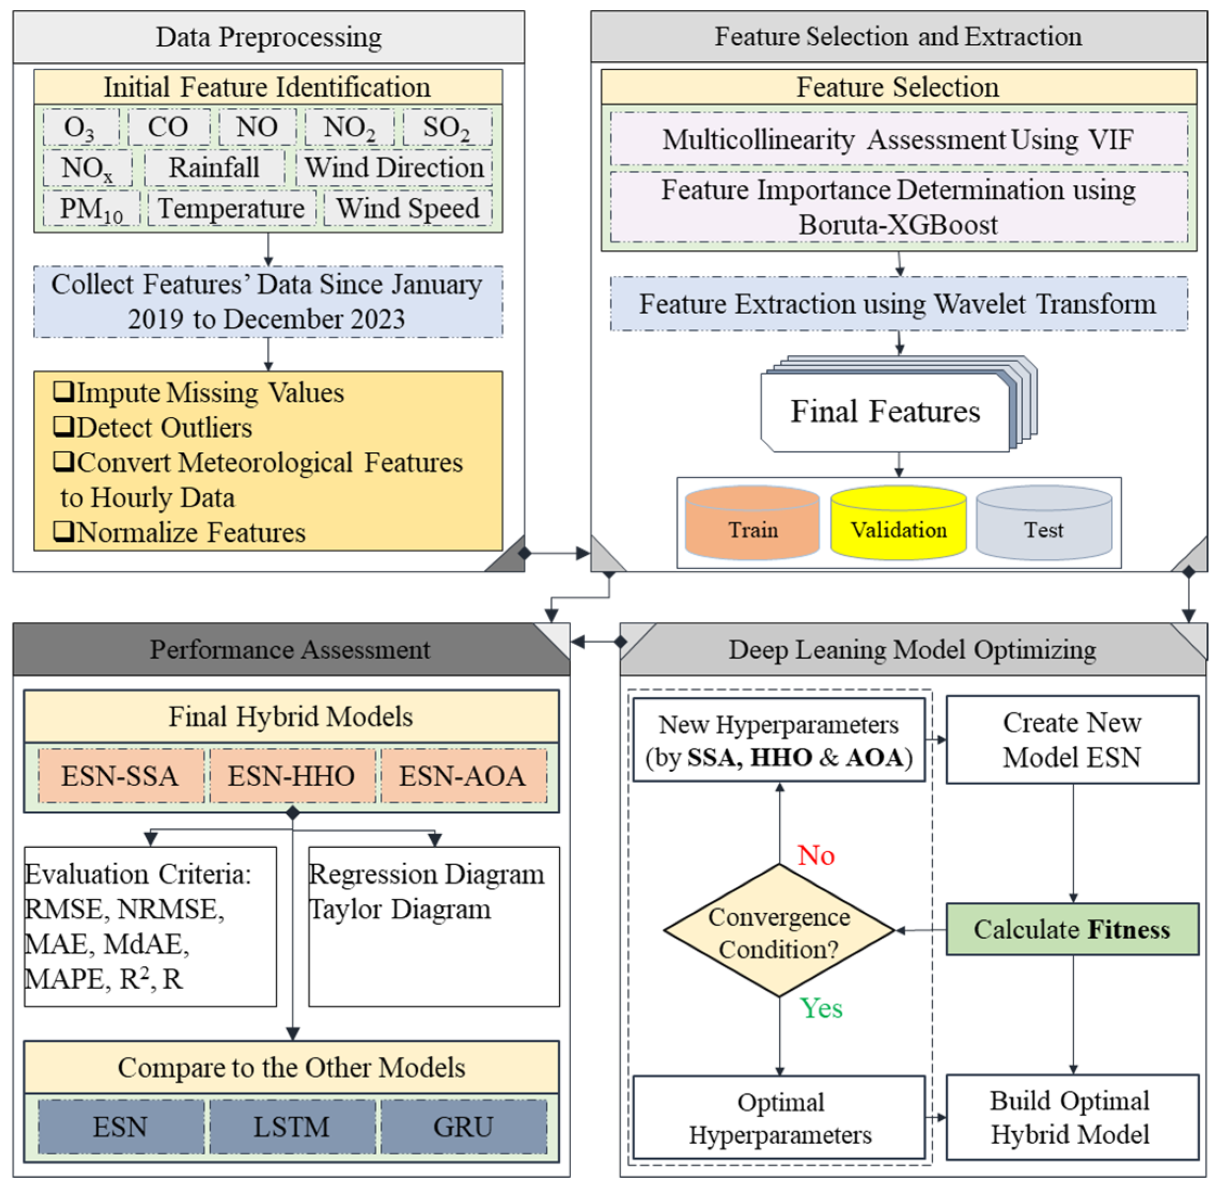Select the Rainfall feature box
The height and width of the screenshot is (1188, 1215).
coord(214,167)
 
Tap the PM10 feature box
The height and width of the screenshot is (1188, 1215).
coord(91,209)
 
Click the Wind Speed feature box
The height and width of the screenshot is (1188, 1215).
coord(408,209)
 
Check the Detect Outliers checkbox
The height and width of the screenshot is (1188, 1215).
coord(63,427)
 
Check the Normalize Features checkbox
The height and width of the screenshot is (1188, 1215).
coord(63,531)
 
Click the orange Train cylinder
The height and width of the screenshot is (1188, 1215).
coord(753,523)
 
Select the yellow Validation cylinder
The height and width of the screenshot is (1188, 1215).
coord(899,523)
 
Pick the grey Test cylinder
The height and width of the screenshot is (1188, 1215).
coord(1044,523)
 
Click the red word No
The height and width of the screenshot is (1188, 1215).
coord(816,855)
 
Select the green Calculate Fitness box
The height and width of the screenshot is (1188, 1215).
coord(1072,930)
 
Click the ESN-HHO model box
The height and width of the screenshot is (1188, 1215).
coord(292,777)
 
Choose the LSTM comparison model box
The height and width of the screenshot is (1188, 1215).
coord(292,1127)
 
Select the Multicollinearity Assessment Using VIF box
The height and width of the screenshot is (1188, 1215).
coord(898,139)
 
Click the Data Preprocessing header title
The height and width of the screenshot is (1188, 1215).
coord(268,37)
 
